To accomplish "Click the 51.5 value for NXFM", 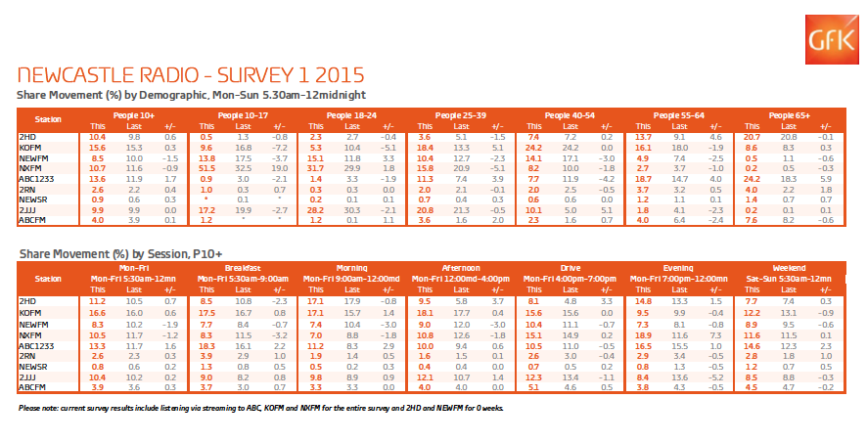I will coord(206,170).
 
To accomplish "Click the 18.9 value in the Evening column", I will coord(643,336).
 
